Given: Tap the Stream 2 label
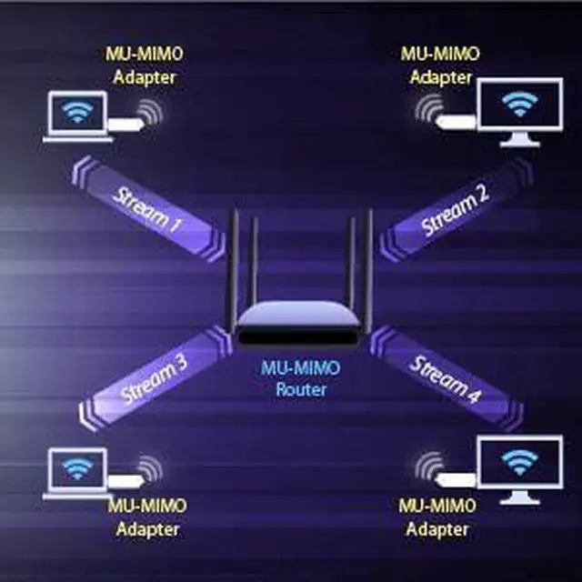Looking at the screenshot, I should click(455, 210).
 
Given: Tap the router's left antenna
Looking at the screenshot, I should click(233, 264).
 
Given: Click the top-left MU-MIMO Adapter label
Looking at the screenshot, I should click(145, 65).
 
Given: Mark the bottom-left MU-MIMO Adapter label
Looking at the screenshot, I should click(146, 517).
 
